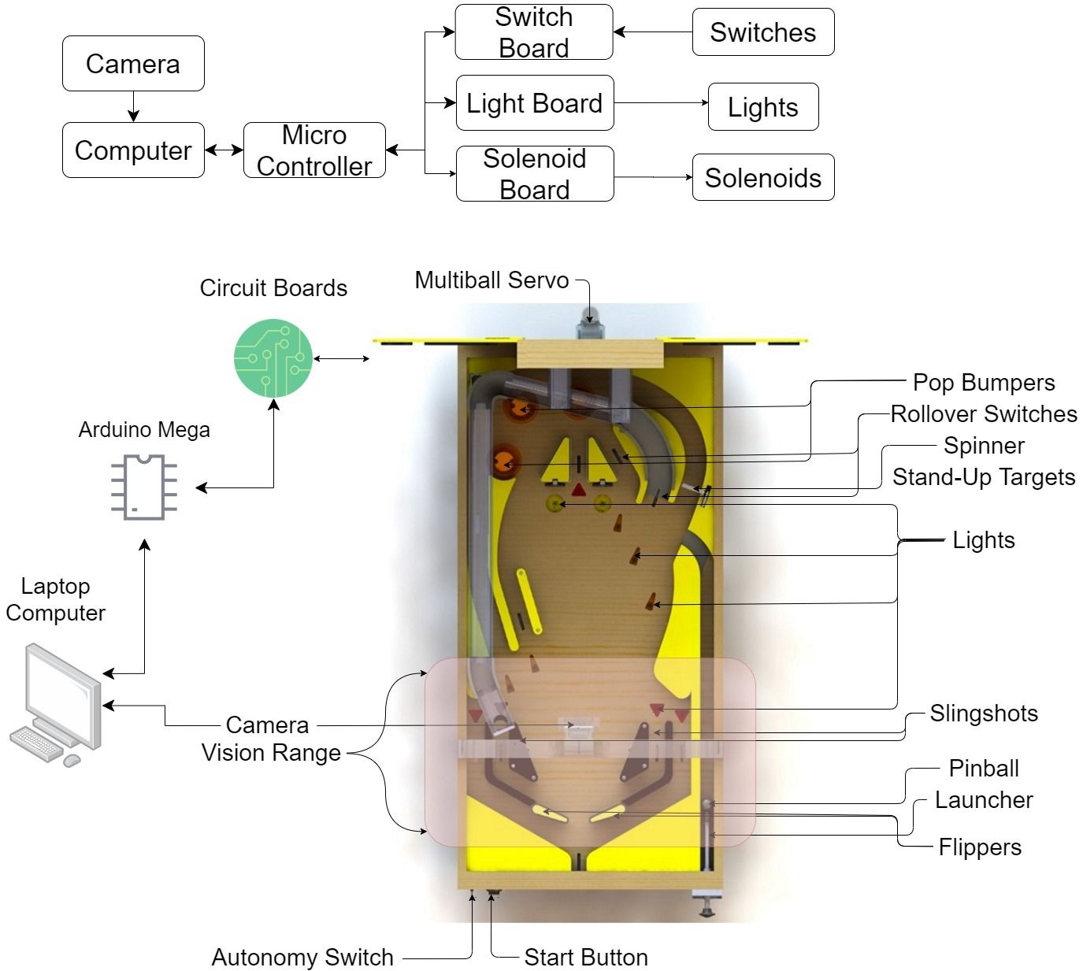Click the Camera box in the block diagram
tap(133, 64)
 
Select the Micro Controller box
tap(314, 150)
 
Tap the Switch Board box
tap(534, 32)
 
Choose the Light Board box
tap(535, 103)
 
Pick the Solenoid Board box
tap(535, 174)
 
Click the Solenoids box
tap(762, 178)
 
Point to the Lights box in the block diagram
tap(762, 107)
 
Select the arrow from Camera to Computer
tap(133, 106)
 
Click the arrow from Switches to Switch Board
tap(652, 32)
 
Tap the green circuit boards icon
tap(273, 358)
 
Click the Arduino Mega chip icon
tap(144, 487)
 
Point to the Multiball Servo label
tap(491, 280)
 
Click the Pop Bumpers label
tap(983, 383)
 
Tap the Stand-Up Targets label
tap(983, 477)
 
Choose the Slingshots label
tap(983, 713)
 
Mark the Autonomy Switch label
tap(302, 958)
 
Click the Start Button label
tap(586, 958)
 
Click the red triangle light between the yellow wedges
tap(579, 490)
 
